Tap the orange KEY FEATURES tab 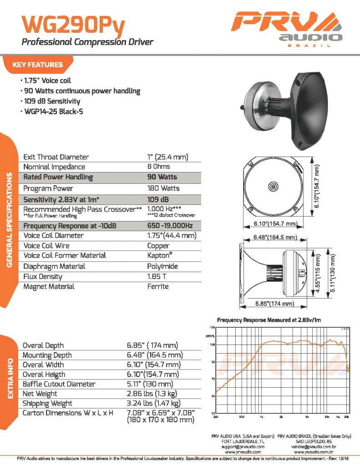click(38, 65)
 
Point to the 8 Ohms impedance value click(158, 167)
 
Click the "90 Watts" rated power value click(162, 177)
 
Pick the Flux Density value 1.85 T click(157, 276)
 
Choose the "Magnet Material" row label click(49, 287)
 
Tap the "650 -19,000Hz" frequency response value click(170, 225)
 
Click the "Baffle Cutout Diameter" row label click(59, 384)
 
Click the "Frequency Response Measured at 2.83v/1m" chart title click(269, 320)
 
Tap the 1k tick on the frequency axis click(261, 416)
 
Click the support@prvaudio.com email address click(239, 447)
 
